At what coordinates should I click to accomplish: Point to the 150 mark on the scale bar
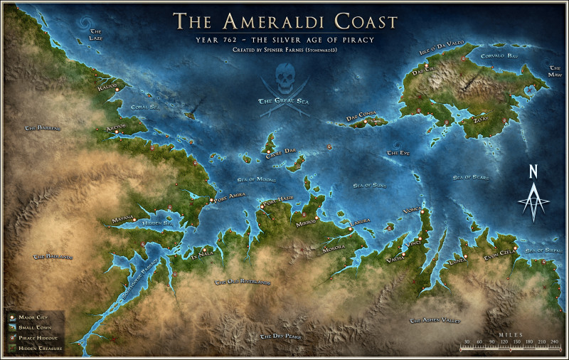click(517, 342)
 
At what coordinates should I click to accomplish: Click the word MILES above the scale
click(510, 334)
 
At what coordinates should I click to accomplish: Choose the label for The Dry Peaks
click(282, 336)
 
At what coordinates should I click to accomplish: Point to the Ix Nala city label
click(201, 253)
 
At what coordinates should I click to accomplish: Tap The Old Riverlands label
click(243, 282)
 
